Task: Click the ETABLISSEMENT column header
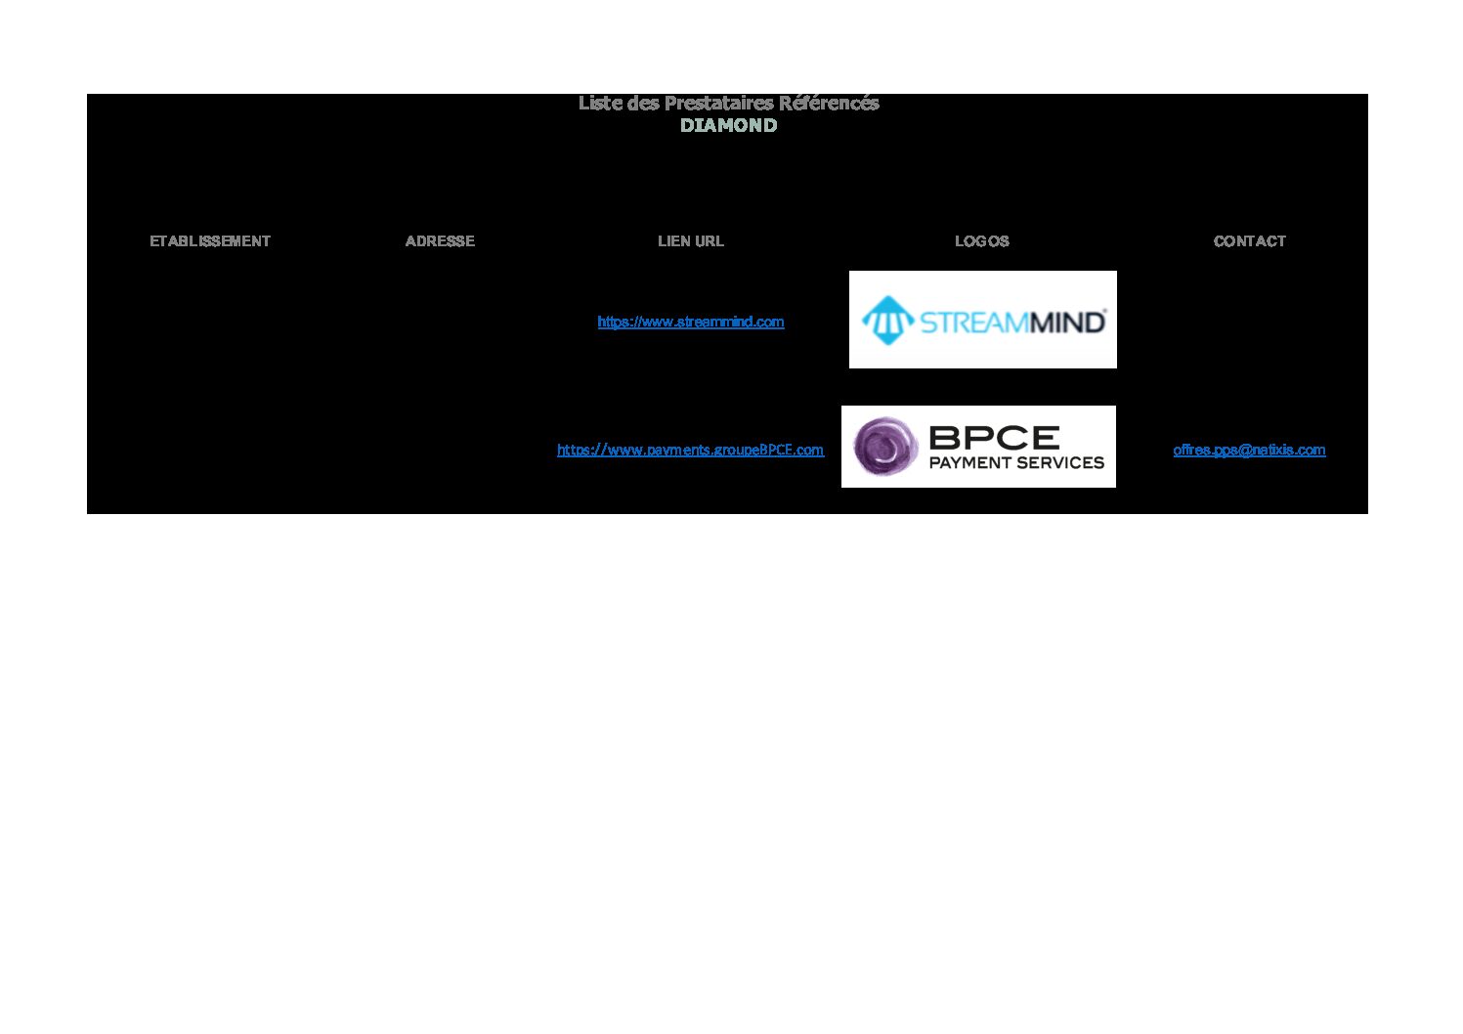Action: (210, 241)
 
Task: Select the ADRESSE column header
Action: (440, 241)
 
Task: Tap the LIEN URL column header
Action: (691, 241)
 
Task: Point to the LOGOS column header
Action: (982, 241)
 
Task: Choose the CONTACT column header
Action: (1250, 241)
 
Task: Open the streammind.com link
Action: (691, 322)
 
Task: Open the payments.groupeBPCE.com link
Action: (690, 450)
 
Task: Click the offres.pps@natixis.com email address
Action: (1249, 450)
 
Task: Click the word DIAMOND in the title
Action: (729, 125)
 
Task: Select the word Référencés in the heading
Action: (830, 103)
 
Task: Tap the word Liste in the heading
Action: (600, 103)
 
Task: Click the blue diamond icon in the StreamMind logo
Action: (887, 320)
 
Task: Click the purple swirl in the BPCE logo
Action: (885, 446)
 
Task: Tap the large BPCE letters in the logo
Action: (994, 437)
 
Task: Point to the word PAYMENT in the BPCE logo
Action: (968, 462)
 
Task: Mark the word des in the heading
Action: (643, 103)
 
